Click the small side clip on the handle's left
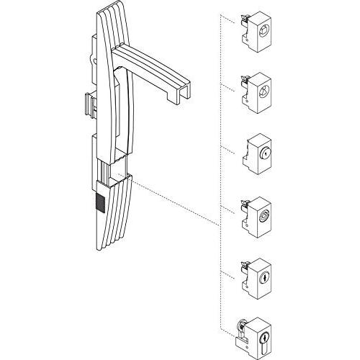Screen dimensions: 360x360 pos(89,104)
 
